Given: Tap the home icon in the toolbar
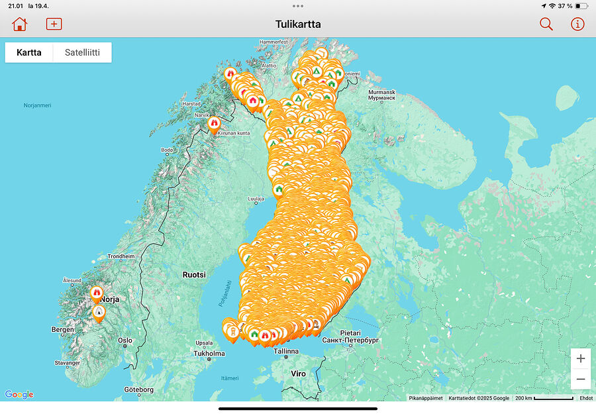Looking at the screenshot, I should click(x=20, y=24).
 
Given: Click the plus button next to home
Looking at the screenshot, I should click(x=54, y=24).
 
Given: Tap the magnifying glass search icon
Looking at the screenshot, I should click(x=546, y=24).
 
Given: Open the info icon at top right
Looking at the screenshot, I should click(x=577, y=24).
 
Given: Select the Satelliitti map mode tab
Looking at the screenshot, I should click(x=82, y=52).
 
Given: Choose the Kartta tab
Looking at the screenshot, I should click(x=29, y=52).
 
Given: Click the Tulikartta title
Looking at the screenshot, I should click(x=298, y=24).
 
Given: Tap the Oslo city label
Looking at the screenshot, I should click(x=124, y=340).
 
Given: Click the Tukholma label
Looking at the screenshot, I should click(x=209, y=353).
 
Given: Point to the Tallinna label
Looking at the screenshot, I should click(x=286, y=350).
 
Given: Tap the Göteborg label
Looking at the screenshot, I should click(x=138, y=389).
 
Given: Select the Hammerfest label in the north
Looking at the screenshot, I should click(x=273, y=42).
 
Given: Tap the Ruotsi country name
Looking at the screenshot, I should click(x=194, y=274).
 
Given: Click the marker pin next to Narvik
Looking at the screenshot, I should click(x=214, y=124).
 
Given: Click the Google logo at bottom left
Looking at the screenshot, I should click(x=19, y=395).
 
